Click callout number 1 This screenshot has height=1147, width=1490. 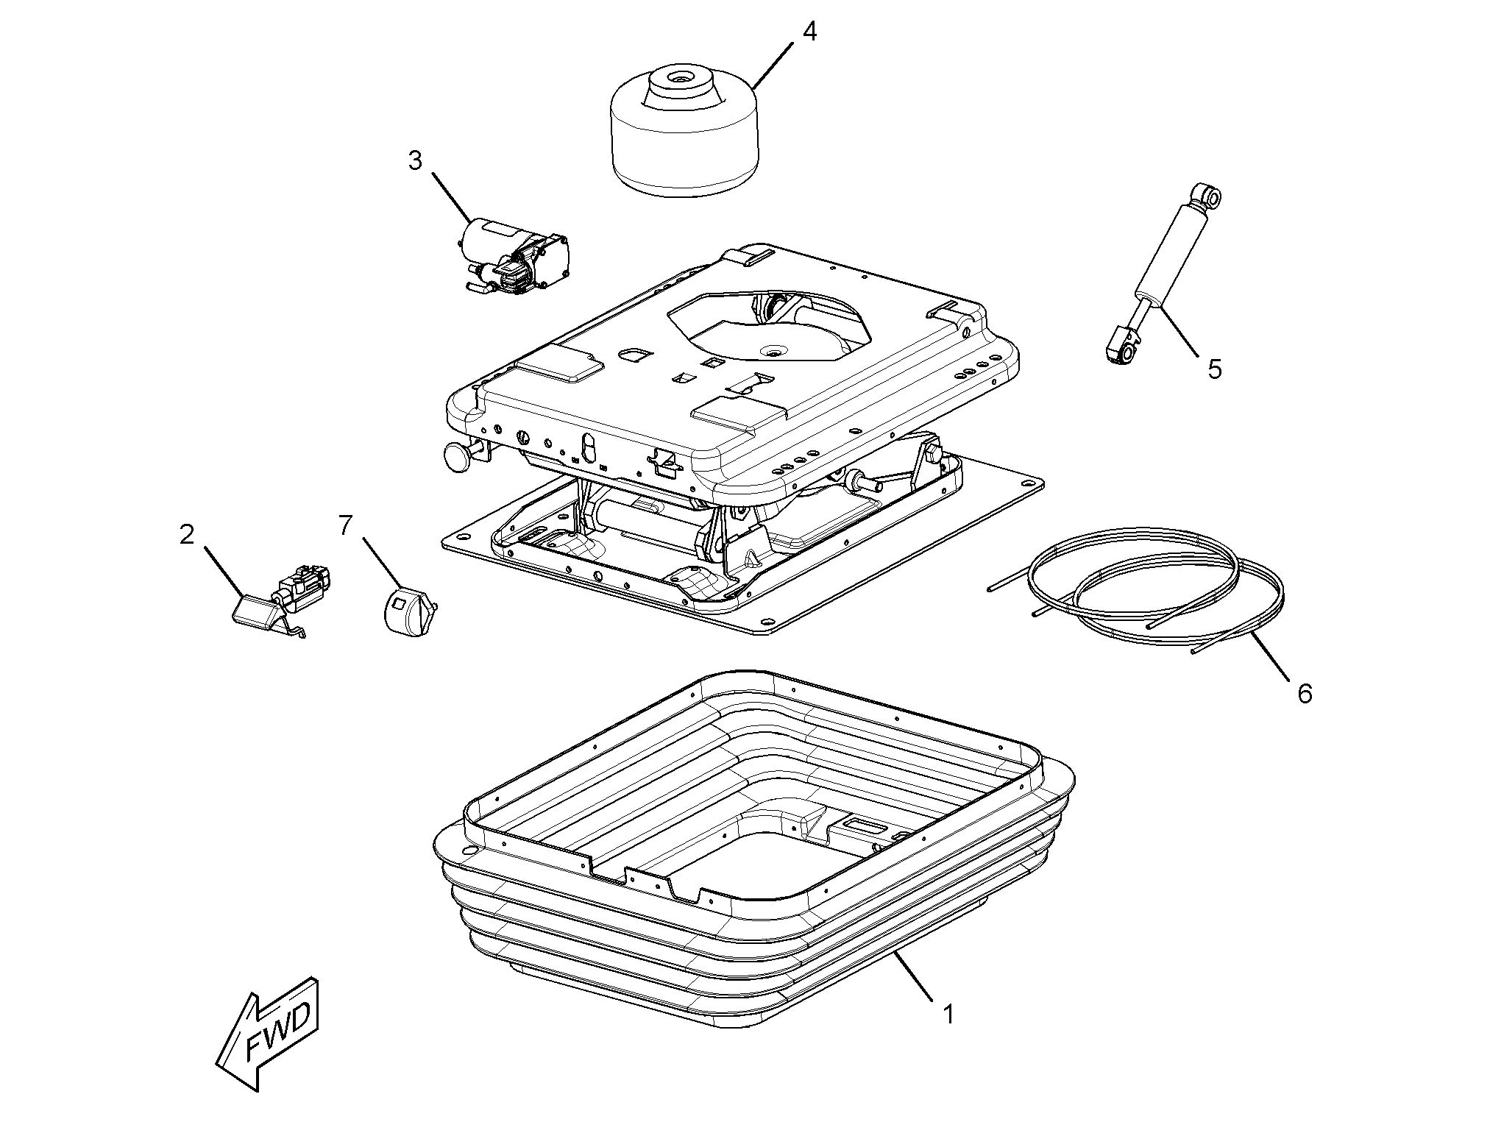coord(949,1015)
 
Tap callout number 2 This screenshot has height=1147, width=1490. coord(187,535)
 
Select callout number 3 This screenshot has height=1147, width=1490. coord(416,160)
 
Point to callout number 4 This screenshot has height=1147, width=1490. coord(809,32)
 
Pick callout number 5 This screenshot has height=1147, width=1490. coord(1214,368)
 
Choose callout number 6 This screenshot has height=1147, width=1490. coord(1305,693)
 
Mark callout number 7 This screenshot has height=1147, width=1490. coord(345,525)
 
